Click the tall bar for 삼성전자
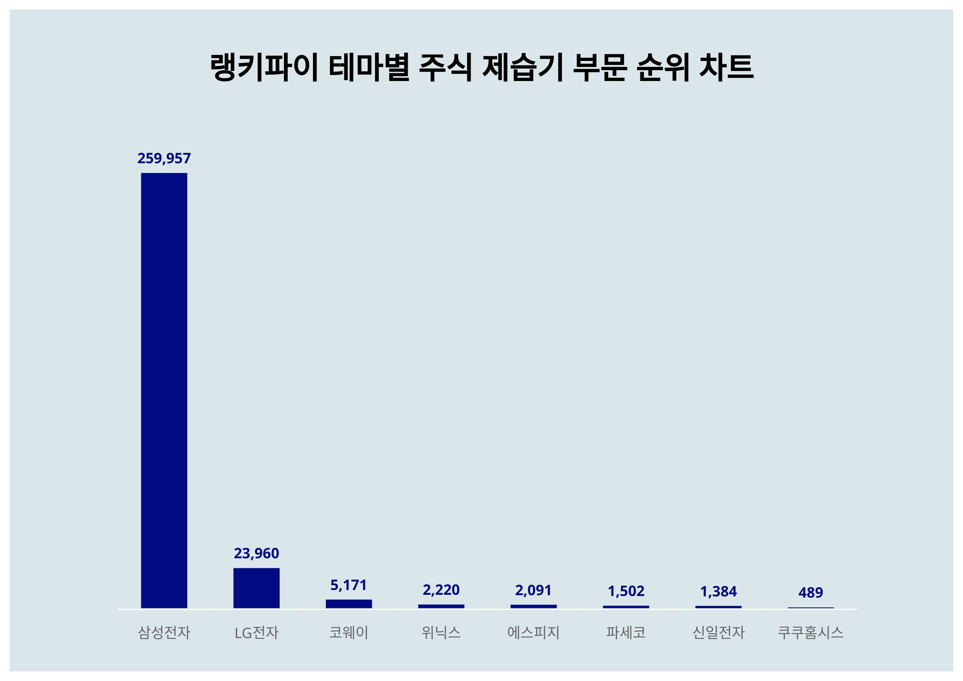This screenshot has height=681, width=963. pos(164,390)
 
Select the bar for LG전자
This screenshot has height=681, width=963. pos(256,588)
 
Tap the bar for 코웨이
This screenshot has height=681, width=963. pos(349,604)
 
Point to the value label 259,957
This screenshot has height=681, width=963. pos(164,158)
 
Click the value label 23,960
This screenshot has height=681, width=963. pos(256,553)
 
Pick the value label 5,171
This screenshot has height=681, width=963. pos(349,585)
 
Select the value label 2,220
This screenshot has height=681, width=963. pos(441,590)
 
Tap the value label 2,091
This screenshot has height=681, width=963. pos(533,590)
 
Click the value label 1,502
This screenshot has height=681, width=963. pos(626,591)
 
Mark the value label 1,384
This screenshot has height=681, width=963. pos(718,592)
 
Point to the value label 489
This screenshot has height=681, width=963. pos(811,592)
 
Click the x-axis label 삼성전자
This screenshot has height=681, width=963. pos(164,632)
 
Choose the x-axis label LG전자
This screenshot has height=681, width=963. pos(256,632)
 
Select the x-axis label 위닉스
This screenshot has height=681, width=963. pos(441,632)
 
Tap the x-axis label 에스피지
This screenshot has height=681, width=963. pos(533,632)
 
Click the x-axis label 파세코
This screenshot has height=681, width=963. pos(626,632)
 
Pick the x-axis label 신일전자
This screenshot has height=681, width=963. pos(718,632)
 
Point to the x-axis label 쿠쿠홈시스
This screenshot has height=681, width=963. pos(811,632)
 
